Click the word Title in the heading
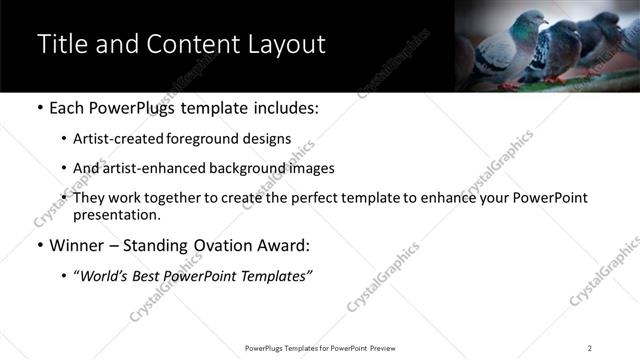(60, 45)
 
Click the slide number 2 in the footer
(589, 348)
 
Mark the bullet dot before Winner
(39, 246)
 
